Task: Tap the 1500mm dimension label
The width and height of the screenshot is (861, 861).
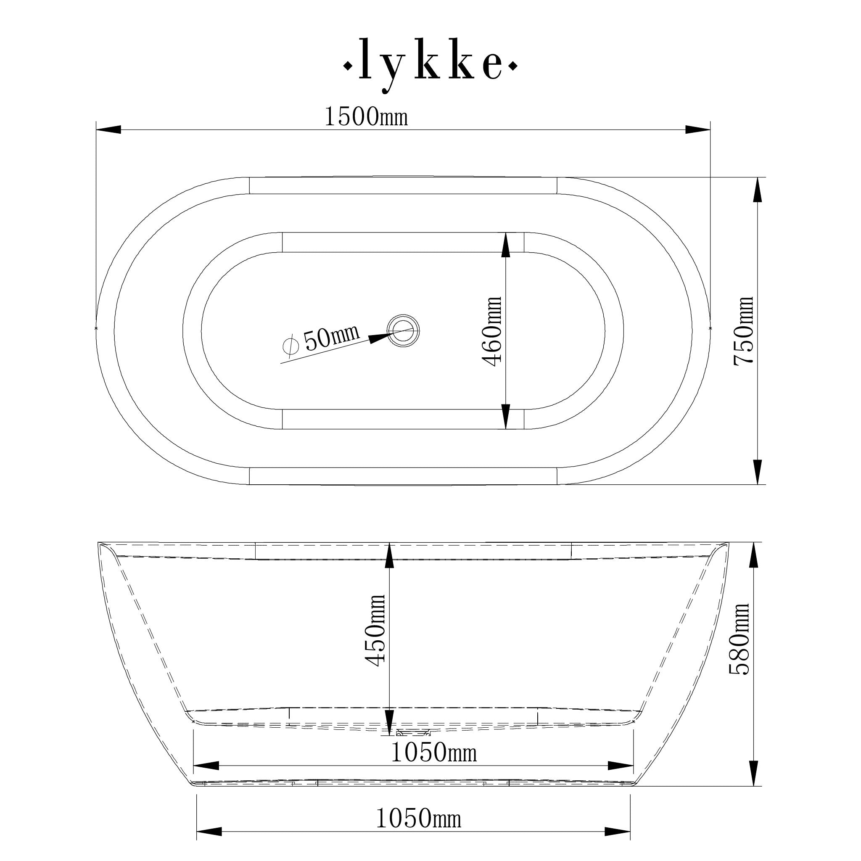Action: (x=366, y=117)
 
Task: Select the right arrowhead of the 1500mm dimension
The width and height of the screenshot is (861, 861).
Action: (x=698, y=129)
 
